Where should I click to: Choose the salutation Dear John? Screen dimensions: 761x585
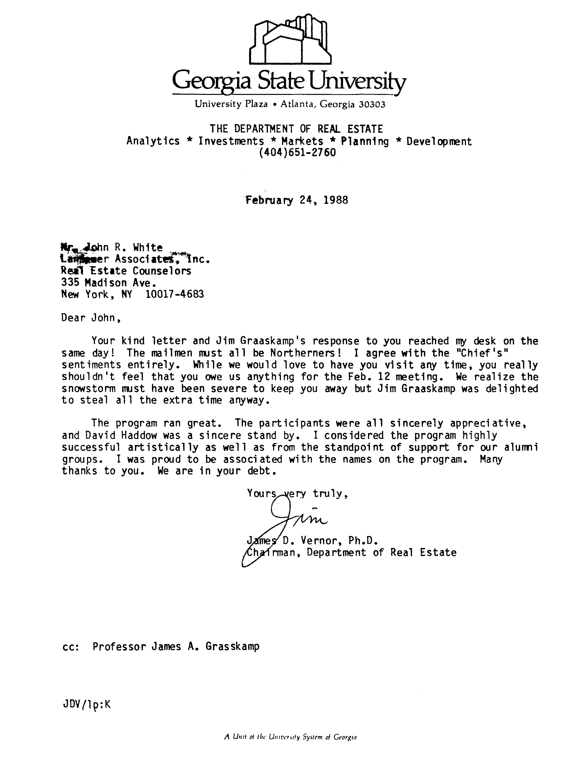(x=91, y=318)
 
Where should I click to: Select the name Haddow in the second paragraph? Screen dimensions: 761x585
(x=136, y=435)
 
